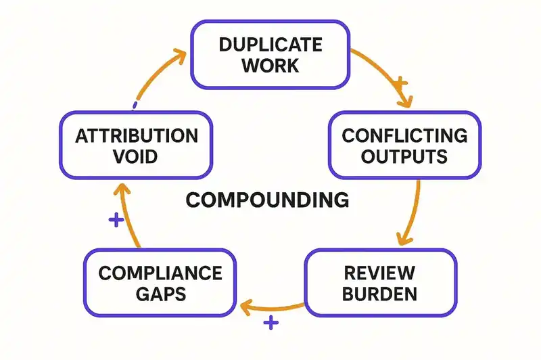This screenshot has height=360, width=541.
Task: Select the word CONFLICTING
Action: click(x=404, y=135)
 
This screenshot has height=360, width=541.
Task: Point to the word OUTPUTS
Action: click(x=404, y=156)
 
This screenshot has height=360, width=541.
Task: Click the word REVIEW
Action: click(x=379, y=273)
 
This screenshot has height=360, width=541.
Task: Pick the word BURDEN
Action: click(x=379, y=294)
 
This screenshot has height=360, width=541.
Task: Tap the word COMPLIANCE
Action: click(x=160, y=273)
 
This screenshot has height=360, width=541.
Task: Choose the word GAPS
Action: click(x=160, y=294)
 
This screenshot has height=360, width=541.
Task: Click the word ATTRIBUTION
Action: click(x=137, y=135)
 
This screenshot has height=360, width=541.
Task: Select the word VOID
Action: click(x=137, y=156)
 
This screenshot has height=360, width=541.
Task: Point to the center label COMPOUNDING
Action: click(x=267, y=200)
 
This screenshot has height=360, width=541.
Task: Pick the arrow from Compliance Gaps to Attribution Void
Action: click(x=127, y=217)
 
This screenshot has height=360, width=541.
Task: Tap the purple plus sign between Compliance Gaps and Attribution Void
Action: click(x=116, y=220)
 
